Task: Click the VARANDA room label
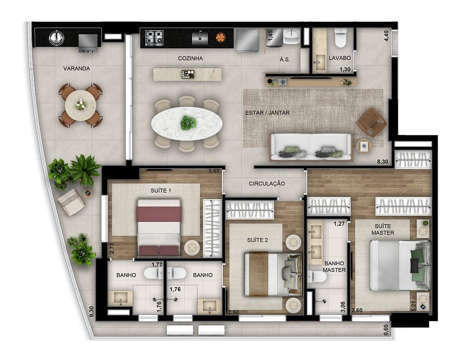coord(76,69)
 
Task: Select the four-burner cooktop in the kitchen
coord(154,38)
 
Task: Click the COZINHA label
coord(190,58)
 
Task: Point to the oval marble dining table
coord(187,123)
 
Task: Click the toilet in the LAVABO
coord(340,39)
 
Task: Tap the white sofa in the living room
coord(311,147)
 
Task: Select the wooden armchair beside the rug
coord(371,121)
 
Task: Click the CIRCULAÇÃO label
coord(267,184)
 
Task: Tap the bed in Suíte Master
coord(397,265)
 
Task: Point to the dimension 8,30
coord(382,162)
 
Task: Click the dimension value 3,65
coord(213,171)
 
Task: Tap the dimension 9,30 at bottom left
coord(92,311)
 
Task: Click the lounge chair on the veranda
coord(72,202)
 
